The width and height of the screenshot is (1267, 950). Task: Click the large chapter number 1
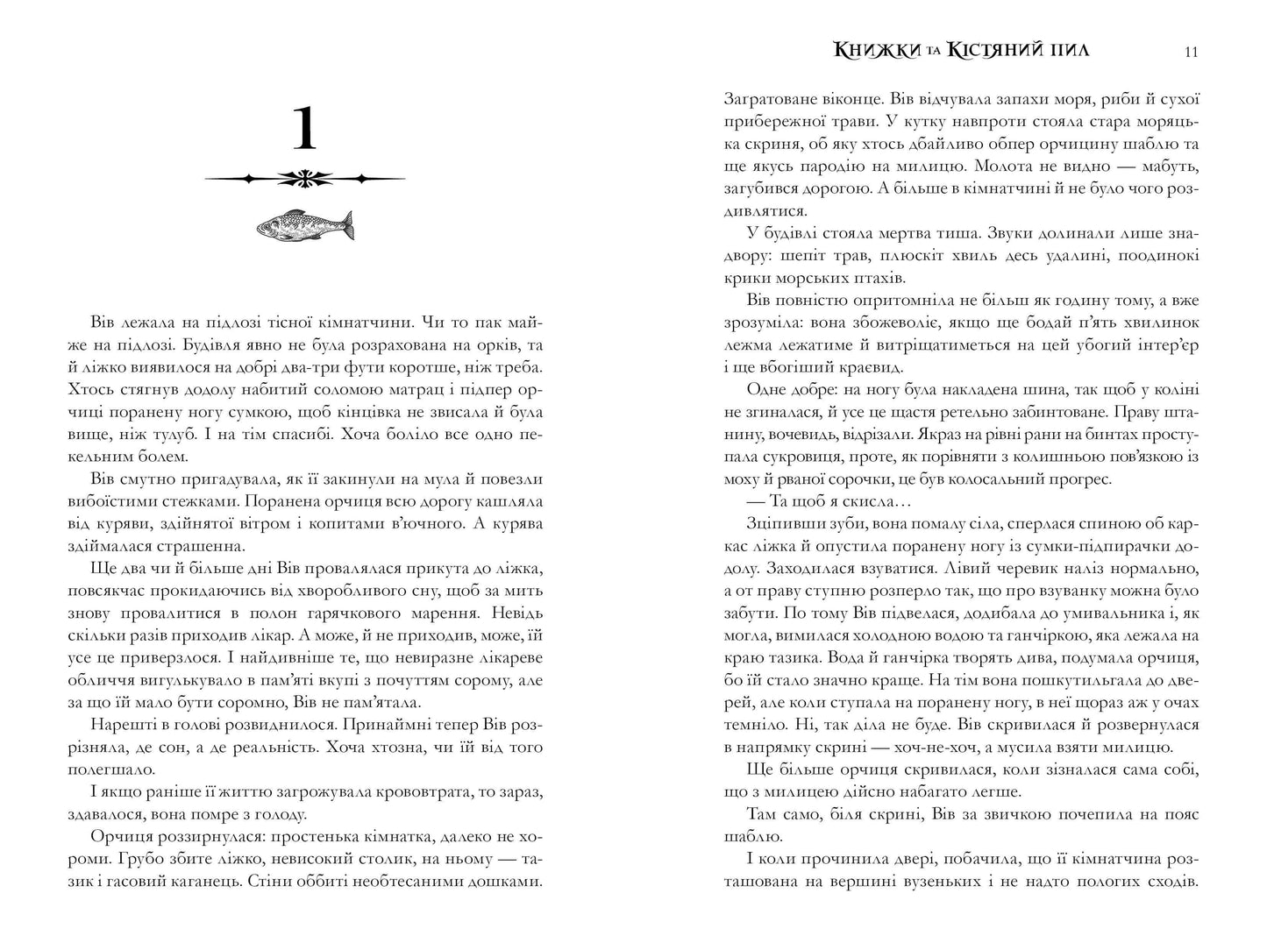[303, 129]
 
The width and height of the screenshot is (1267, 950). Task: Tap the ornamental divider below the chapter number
[304, 179]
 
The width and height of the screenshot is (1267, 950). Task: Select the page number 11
[1191, 52]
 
